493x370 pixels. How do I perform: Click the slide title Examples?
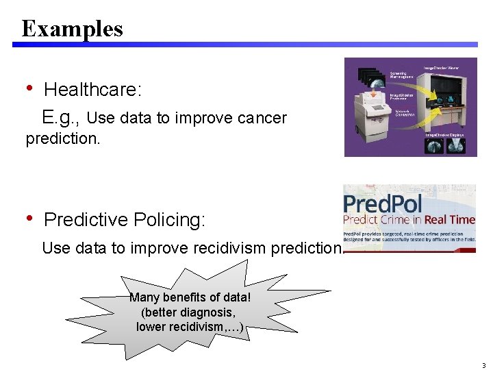click(72, 29)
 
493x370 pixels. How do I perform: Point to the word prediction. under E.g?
click(63, 139)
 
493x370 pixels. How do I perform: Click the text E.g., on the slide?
click(60, 118)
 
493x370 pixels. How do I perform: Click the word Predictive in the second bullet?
click(86, 220)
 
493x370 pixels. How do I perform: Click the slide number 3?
click(483, 365)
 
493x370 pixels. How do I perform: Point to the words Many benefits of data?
click(190, 298)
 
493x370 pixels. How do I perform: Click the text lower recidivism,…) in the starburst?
click(190, 327)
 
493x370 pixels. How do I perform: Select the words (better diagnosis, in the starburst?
click(188, 312)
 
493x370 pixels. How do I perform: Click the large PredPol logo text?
click(383, 203)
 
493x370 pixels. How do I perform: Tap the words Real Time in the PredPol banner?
click(449, 220)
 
